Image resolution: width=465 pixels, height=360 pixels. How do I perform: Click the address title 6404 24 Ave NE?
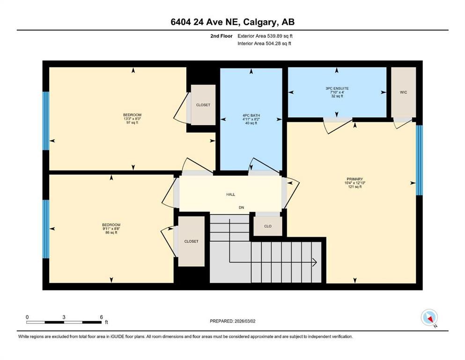point(232,22)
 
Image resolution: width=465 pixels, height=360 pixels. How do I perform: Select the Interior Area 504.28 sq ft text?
point(264,44)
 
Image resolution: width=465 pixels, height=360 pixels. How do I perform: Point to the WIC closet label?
point(403,92)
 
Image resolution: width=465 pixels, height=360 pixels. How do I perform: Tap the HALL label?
point(230,194)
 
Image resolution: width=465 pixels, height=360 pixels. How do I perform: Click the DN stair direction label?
point(241,207)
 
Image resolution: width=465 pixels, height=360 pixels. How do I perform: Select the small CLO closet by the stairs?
point(268,226)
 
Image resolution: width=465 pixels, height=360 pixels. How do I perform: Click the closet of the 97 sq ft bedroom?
point(203,105)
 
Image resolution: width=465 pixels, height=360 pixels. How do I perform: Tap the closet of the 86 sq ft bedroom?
point(191,241)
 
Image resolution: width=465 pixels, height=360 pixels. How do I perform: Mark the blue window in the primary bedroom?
point(419,160)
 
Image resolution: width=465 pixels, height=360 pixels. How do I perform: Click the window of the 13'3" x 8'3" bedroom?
point(46,120)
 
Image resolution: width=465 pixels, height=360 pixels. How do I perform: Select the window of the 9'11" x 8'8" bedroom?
point(46,229)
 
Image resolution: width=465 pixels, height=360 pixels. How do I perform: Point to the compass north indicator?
point(429,318)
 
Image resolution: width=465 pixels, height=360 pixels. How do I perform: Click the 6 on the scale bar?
point(101,317)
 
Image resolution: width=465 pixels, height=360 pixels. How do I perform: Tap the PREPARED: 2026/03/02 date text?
point(232,321)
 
